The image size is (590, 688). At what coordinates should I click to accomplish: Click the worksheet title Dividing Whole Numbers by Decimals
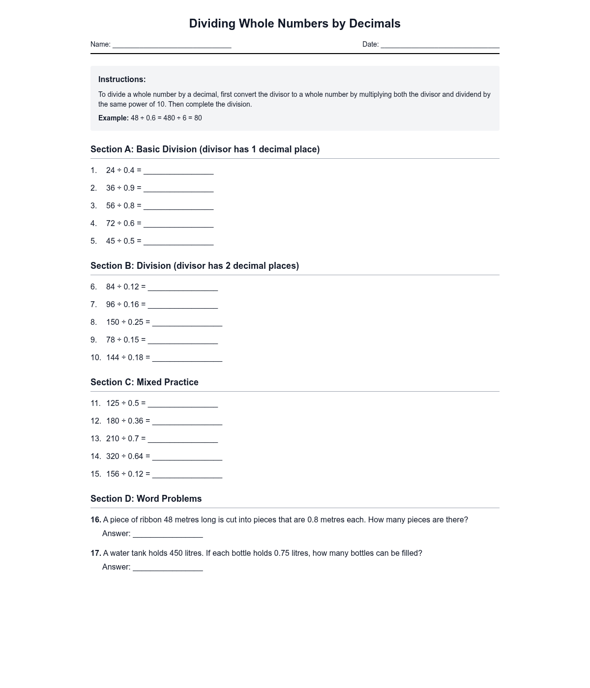295,24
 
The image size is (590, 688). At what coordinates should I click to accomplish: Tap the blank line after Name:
172,45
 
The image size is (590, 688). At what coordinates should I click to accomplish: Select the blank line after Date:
440,45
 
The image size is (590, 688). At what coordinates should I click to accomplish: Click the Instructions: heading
122,80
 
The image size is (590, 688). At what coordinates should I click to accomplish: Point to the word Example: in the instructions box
113,118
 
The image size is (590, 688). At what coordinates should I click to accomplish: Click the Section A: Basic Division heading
205,149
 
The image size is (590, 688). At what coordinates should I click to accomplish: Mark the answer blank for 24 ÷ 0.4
178,171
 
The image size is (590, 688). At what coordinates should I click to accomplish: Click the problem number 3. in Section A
93,206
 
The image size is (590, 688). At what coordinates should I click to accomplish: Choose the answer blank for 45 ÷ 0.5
178,242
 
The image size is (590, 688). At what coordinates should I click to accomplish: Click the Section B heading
195,266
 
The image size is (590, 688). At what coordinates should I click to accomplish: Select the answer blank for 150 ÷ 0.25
187,323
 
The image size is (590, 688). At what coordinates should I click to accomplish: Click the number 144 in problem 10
113,358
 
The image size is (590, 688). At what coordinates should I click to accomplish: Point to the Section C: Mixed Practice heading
145,382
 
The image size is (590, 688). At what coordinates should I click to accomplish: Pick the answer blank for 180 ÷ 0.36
187,422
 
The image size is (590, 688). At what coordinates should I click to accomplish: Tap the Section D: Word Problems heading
146,499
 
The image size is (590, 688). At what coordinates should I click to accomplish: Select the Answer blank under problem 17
168,568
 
